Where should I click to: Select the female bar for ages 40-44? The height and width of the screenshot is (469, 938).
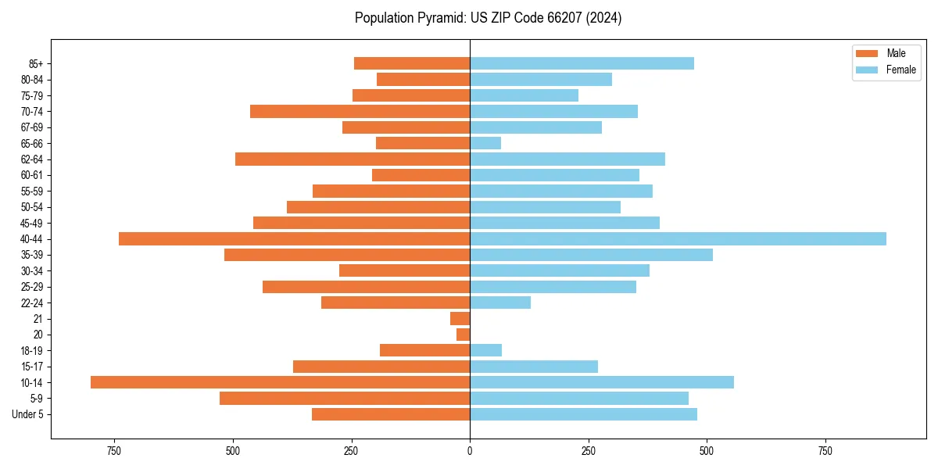coord(678,238)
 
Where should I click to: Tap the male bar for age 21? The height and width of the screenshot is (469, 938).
coord(460,318)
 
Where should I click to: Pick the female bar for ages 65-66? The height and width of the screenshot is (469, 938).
coord(485,143)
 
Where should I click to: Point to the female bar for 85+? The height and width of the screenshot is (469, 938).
coord(582,63)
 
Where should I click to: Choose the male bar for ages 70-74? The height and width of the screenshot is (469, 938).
coord(360,111)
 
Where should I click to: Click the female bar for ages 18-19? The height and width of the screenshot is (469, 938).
coord(486,350)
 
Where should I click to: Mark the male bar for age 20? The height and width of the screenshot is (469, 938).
coord(464,335)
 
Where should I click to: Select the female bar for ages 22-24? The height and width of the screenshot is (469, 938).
coord(500,303)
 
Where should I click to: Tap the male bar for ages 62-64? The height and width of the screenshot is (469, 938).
coord(353,159)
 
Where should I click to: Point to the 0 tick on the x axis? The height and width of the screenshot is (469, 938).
coord(470,451)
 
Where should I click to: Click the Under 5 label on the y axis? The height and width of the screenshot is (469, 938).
coord(27,414)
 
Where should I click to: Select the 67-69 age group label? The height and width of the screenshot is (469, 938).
coord(32,127)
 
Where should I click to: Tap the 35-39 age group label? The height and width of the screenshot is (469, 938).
coord(32,255)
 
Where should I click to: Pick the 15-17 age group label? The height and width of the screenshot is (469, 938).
coord(32,367)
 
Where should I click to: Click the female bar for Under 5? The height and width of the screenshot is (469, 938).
coord(583,414)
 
